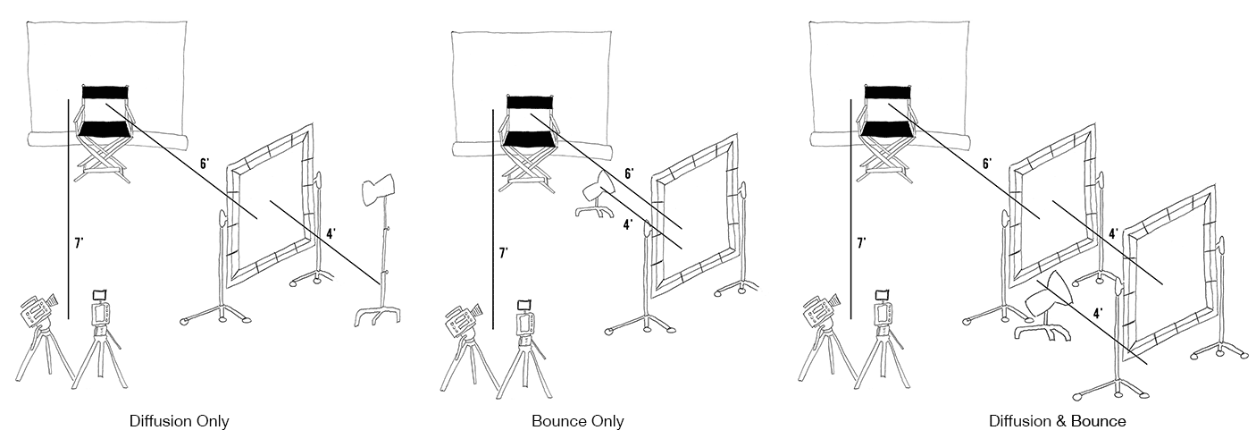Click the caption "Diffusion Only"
pyautogui.click(x=179, y=421)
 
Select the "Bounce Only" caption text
pyautogui.click(x=577, y=421)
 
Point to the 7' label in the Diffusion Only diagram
pyautogui.click(x=80, y=240)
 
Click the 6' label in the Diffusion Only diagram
pyautogui.click(x=205, y=164)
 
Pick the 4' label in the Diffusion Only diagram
pyautogui.click(x=331, y=234)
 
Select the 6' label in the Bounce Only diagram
pyautogui.click(x=629, y=173)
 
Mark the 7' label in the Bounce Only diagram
pyautogui.click(x=504, y=254)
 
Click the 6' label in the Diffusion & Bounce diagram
pyautogui.click(x=986, y=164)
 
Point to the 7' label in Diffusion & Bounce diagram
pyautogui.click(x=861, y=242)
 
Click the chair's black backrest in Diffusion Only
pyautogui.click(x=106, y=91)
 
